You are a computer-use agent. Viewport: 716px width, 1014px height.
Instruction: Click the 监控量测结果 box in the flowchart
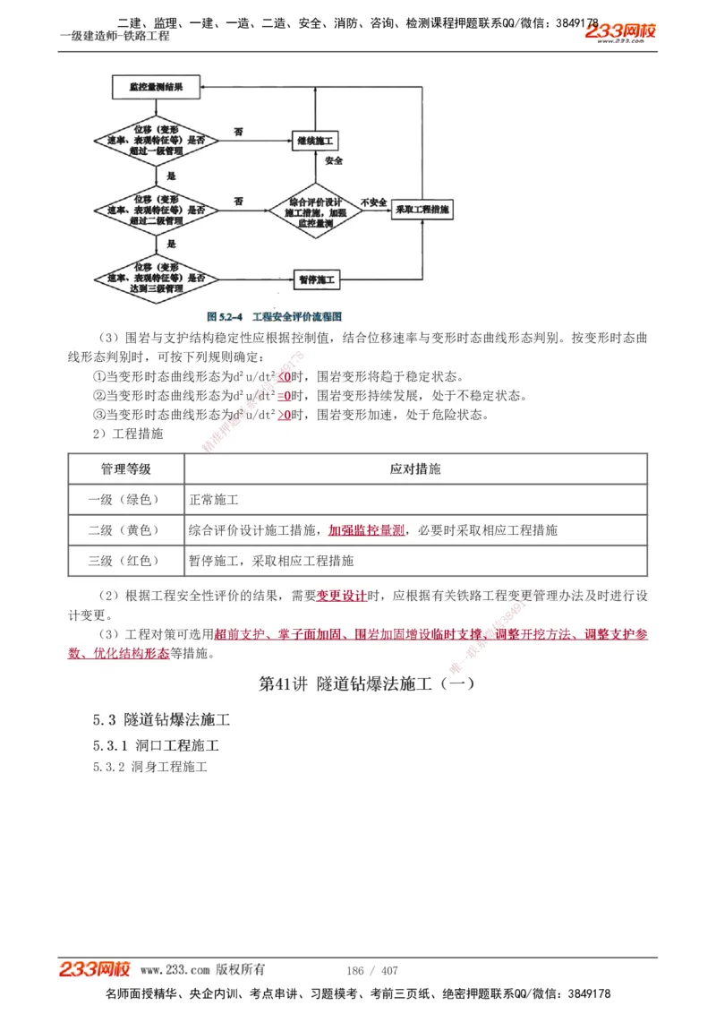[x=156, y=88]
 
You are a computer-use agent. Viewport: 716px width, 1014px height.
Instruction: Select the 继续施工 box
[x=314, y=141]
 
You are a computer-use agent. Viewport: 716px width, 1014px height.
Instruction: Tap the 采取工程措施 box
[x=423, y=209]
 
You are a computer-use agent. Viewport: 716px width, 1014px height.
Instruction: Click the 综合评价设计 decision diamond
[x=314, y=211]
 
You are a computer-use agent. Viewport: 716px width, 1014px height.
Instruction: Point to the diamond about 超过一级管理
[x=156, y=141]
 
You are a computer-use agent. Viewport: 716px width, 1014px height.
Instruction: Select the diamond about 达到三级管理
[x=156, y=279]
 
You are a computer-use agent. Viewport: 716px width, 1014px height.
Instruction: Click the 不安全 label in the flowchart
[x=373, y=202]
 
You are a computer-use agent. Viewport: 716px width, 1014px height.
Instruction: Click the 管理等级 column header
[x=125, y=469]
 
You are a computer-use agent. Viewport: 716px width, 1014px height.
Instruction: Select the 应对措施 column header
[x=415, y=469]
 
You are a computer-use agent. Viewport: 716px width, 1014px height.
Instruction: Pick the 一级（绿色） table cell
[x=125, y=500]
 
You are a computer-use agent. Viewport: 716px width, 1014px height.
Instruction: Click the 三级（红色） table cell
[x=125, y=561]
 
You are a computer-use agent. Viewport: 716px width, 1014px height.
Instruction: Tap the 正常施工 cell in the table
[x=214, y=500]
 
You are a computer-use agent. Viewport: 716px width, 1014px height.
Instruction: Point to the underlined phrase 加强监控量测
[x=367, y=530]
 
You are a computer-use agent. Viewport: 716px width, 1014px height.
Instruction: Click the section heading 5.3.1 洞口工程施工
[x=156, y=745]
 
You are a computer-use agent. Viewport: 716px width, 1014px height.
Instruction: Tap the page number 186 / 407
[x=371, y=970]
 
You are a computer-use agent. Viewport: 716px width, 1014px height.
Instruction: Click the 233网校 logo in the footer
[x=95, y=969]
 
